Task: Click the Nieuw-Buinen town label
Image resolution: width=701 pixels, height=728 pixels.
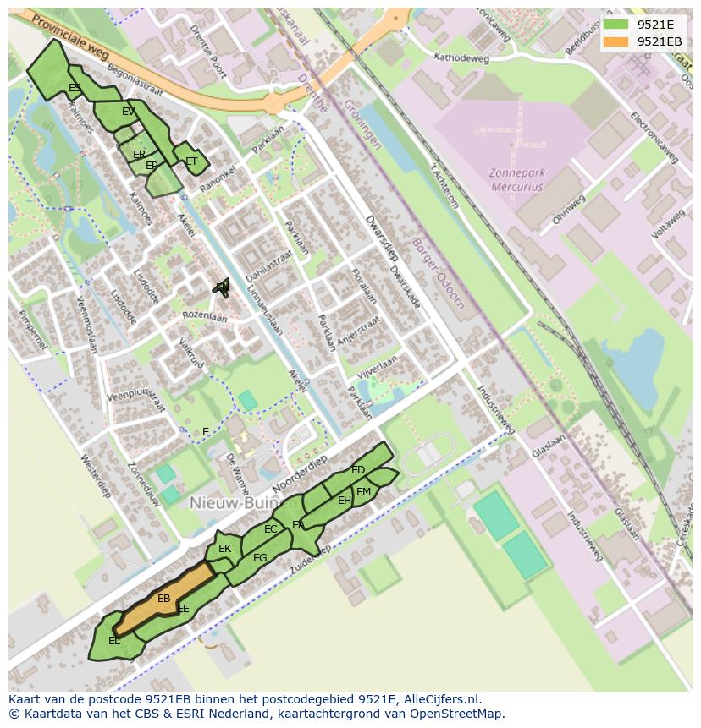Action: (x=229, y=503)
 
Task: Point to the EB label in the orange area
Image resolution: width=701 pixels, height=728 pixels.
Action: (x=164, y=599)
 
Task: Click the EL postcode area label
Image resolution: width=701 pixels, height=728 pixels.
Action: (x=114, y=641)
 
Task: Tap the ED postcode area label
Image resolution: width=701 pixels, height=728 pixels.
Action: (x=358, y=470)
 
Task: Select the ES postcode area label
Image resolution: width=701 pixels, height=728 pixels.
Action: (x=75, y=88)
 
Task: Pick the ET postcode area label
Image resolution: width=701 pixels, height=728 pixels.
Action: (x=191, y=161)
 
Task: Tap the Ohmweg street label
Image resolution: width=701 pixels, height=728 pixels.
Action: (x=569, y=208)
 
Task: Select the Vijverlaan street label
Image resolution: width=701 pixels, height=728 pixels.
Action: (x=377, y=371)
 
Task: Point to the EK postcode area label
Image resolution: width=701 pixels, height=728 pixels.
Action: (x=224, y=549)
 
